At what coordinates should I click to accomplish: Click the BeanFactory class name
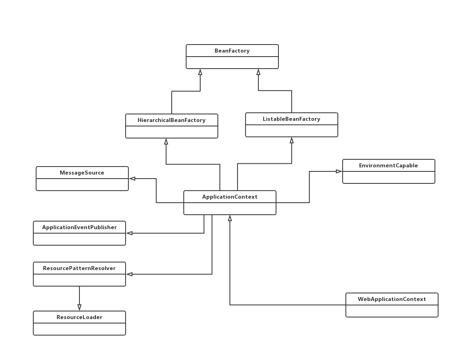point(232,51)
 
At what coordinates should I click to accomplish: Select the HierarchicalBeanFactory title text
point(171,120)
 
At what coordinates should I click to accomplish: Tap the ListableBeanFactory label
point(291,119)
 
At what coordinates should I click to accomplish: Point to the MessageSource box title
point(82,173)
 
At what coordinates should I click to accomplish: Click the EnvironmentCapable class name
point(388,165)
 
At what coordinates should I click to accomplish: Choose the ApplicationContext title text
point(229,197)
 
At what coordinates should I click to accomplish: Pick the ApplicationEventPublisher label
point(79,227)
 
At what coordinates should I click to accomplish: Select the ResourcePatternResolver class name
point(79,268)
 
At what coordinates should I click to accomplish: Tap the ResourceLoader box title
point(79,317)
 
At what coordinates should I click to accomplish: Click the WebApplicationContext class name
point(392,299)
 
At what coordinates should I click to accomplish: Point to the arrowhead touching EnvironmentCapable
point(339,171)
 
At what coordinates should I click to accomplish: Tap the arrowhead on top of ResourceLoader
point(79,307)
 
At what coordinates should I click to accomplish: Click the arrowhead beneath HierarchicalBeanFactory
point(166,142)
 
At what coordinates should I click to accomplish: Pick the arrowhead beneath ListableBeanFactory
point(292,140)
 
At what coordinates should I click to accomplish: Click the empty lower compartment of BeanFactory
point(232,63)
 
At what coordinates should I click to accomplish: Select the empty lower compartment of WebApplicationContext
point(392,311)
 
